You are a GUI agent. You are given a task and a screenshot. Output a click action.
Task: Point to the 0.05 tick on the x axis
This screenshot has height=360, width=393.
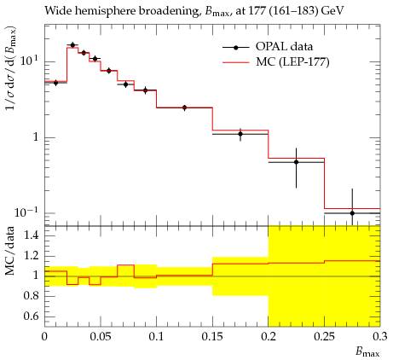point(101,337)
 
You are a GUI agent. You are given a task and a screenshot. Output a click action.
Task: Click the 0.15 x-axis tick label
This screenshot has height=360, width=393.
point(212,337)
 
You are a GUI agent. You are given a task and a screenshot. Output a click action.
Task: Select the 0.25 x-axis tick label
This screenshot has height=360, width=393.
point(325,337)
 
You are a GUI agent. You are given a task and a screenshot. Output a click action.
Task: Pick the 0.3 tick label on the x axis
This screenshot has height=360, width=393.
point(380,337)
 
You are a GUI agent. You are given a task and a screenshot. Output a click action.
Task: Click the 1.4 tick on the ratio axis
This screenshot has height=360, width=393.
point(32,235)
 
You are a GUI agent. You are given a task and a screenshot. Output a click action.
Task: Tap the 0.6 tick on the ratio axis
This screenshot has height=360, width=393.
point(32,316)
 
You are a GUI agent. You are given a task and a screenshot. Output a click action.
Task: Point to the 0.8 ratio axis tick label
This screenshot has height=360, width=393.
point(32,296)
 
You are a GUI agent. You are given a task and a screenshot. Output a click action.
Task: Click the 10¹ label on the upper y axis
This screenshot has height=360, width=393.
point(29,61)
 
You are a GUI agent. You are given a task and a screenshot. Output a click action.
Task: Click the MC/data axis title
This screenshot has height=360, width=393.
point(9,251)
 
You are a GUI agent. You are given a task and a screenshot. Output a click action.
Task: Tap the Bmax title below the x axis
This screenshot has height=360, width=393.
point(367,352)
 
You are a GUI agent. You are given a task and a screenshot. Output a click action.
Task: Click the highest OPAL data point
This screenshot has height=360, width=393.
point(72,45)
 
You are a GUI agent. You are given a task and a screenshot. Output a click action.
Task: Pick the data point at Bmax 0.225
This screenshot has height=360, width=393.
point(296,162)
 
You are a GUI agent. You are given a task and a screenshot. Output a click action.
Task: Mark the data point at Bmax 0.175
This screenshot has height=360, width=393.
point(240,134)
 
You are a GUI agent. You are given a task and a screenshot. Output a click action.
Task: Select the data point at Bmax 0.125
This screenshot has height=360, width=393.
point(184,107)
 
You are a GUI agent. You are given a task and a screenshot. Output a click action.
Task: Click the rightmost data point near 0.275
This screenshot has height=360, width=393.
point(352,213)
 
